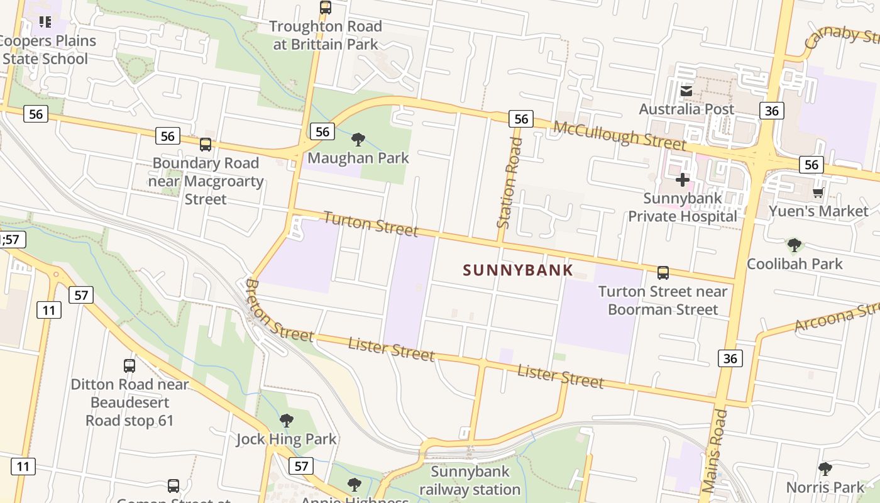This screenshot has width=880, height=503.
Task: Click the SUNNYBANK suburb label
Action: click(x=518, y=270)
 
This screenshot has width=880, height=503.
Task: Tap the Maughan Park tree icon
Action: click(x=358, y=140)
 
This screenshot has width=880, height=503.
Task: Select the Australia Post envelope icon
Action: click(x=686, y=92)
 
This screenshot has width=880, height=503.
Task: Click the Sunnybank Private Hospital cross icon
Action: click(x=683, y=180)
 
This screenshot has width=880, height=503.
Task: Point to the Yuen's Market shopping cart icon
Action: click(x=818, y=192)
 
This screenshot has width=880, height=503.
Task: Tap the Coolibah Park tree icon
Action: click(x=795, y=245)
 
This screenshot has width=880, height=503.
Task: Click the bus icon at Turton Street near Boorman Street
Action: click(x=663, y=273)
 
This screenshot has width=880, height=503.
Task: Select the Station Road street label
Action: click(x=509, y=182)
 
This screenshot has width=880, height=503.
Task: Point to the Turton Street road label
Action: click(x=371, y=224)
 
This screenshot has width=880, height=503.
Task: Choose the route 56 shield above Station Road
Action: click(x=521, y=119)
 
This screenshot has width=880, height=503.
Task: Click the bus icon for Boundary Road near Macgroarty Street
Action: click(x=206, y=145)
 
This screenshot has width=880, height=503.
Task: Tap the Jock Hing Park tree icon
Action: click(x=287, y=420)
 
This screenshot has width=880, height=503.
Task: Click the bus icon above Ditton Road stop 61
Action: click(x=129, y=365)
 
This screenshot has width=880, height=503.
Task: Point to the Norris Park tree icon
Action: click(x=825, y=469)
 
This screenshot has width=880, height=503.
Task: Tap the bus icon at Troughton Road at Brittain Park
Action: click(x=326, y=8)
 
